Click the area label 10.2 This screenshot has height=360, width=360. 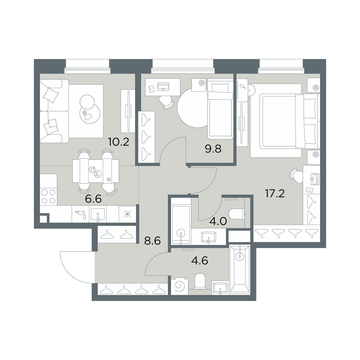pyautogui.click(x=118, y=142)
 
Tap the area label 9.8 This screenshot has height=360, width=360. pyautogui.click(x=213, y=149)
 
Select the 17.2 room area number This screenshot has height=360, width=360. pyautogui.click(x=275, y=194)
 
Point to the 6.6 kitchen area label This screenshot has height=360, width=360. pyautogui.click(x=93, y=199)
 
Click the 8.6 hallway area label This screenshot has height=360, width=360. pyautogui.click(x=152, y=241)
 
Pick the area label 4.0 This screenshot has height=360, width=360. pyautogui.click(x=219, y=221)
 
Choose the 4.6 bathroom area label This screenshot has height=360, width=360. pyautogui.click(x=200, y=261)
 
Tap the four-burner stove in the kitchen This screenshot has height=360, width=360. pyautogui.click(x=49, y=197)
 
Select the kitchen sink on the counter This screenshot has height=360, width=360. pyautogui.click(x=98, y=215)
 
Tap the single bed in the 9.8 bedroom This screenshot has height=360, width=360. pyautogui.click(x=220, y=109)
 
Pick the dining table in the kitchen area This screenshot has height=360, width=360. pyautogui.click(x=96, y=171)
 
